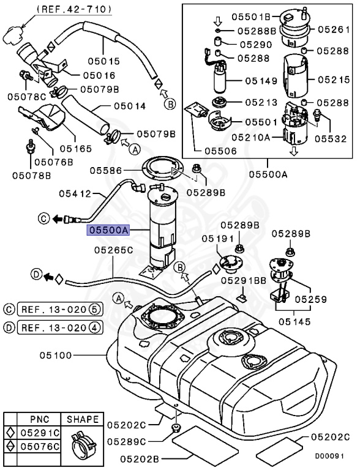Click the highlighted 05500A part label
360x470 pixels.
pyautogui.click(x=108, y=231)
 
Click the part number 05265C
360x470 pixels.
pyautogui.click(x=113, y=250)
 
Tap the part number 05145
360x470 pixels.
pyautogui.click(x=294, y=321)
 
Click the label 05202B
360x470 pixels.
pyautogui.click(x=141, y=458)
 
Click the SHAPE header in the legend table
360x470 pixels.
pyautogui.click(x=82, y=419)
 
